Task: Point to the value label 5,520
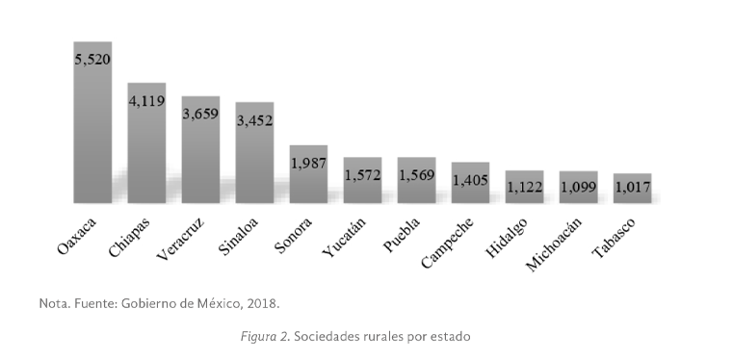click(92, 60)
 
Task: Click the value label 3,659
click(200, 114)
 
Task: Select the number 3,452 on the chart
click(254, 120)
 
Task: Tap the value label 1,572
click(362, 176)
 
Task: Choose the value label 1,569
click(416, 176)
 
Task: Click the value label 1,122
click(524, 189)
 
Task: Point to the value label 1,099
click(578, 189)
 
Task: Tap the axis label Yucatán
click(342, 237)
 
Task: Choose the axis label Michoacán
click(552, 244)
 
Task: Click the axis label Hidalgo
click(507, 235)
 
